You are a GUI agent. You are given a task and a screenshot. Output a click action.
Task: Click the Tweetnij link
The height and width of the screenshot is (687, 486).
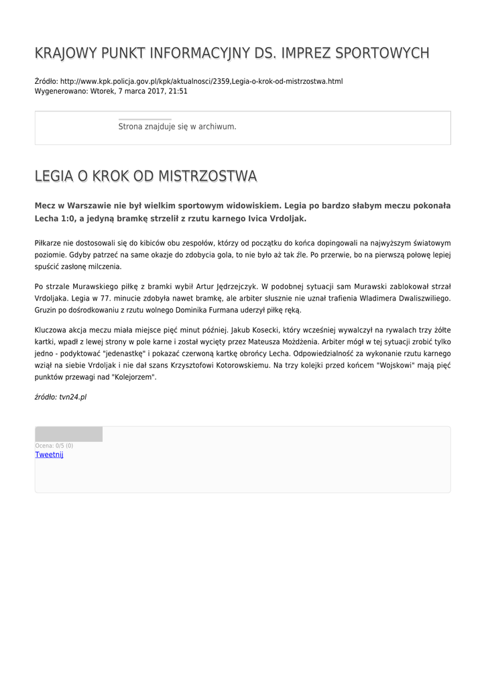coord(49,455)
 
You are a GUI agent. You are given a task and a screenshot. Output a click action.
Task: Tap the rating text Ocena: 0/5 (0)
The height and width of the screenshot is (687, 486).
coord(54,445)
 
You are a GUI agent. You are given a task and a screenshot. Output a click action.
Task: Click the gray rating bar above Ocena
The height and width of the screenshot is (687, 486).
coord(68,434)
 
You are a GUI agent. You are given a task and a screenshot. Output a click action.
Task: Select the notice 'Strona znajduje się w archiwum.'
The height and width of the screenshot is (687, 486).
coord(177,127)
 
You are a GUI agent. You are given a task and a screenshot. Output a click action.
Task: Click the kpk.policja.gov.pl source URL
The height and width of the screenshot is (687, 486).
coord(201,81)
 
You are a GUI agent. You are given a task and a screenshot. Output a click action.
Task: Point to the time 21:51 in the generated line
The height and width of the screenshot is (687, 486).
coord(178,91)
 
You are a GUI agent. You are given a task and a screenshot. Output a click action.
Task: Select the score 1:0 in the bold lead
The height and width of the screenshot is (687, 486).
coord(68,219)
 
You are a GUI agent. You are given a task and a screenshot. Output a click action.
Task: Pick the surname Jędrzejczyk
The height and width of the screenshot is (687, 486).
coord(229,286)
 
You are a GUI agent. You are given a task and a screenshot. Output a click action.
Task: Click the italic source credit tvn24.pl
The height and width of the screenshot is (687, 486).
coord(73,397)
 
